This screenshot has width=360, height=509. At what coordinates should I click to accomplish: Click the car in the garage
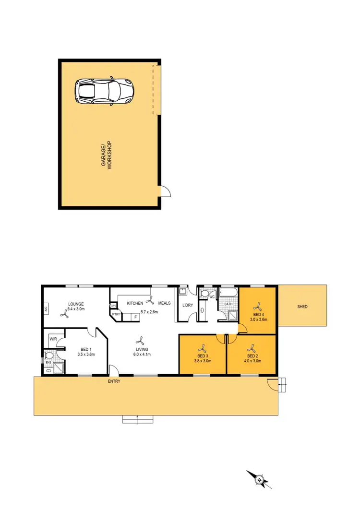(x=104, y=90)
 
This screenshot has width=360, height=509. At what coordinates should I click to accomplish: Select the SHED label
(x=302, y=307)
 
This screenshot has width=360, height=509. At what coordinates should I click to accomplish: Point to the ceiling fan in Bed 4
(x=258, y=306)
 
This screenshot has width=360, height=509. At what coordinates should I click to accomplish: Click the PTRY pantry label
(x=116, y=315)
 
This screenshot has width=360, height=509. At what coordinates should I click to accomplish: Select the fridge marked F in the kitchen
(x=136, y=317)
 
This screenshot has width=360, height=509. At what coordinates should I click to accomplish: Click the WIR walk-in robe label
(x=53, y=339)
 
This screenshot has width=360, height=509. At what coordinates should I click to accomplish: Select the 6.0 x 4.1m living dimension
(x=142, y=355)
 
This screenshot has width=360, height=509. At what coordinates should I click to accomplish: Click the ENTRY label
(x=114, y=381)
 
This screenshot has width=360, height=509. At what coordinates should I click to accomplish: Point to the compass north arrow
(x=259, y=479)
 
